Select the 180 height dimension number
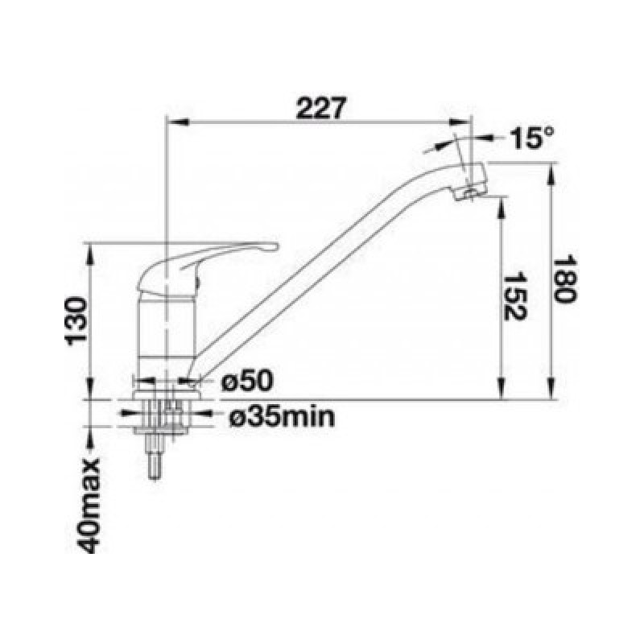(565, 280)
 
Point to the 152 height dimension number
(514, 296)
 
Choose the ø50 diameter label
(247, 381)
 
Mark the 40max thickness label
(89, 505)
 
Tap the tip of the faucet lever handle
(275, 246)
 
